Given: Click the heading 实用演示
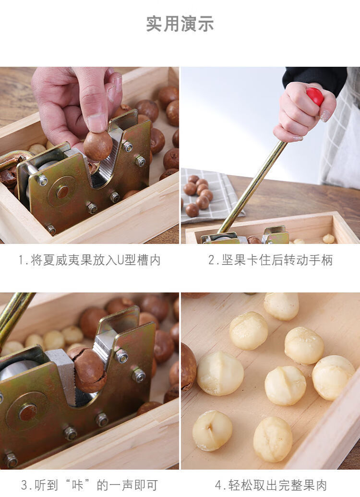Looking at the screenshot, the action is pos(180,24).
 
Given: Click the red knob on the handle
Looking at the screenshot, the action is pos(315,97).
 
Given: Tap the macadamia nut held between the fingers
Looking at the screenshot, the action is pos(98,145).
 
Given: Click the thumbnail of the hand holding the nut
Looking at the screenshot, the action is pos(89,155).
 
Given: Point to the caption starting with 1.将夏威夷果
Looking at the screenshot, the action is pos(89,260).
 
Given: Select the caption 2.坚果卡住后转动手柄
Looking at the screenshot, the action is pos(270,260).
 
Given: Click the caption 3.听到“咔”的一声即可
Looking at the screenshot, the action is pos(89,485).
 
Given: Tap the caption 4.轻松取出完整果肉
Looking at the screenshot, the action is pos(271,485).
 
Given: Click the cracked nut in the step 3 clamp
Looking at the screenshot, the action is pos(88,369).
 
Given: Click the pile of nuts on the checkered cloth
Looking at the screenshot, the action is pos(198,195).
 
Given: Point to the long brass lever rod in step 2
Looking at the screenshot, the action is pos(252,187).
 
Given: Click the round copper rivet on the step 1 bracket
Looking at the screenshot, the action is pos(62,192).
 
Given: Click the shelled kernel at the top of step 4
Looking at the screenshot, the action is pos(281,306).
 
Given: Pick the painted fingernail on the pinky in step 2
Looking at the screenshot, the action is pos(325,116).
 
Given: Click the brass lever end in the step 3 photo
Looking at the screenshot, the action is pos(14,317).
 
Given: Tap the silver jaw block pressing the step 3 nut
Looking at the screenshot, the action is pos(63,375).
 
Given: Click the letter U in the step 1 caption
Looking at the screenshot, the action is pos(121,260).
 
